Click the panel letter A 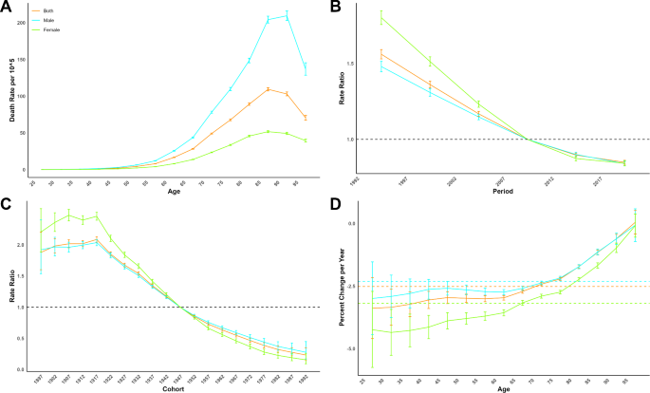(x=8, y=8)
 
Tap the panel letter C (x=8, y=202)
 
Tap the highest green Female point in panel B (x=381, y=17)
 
